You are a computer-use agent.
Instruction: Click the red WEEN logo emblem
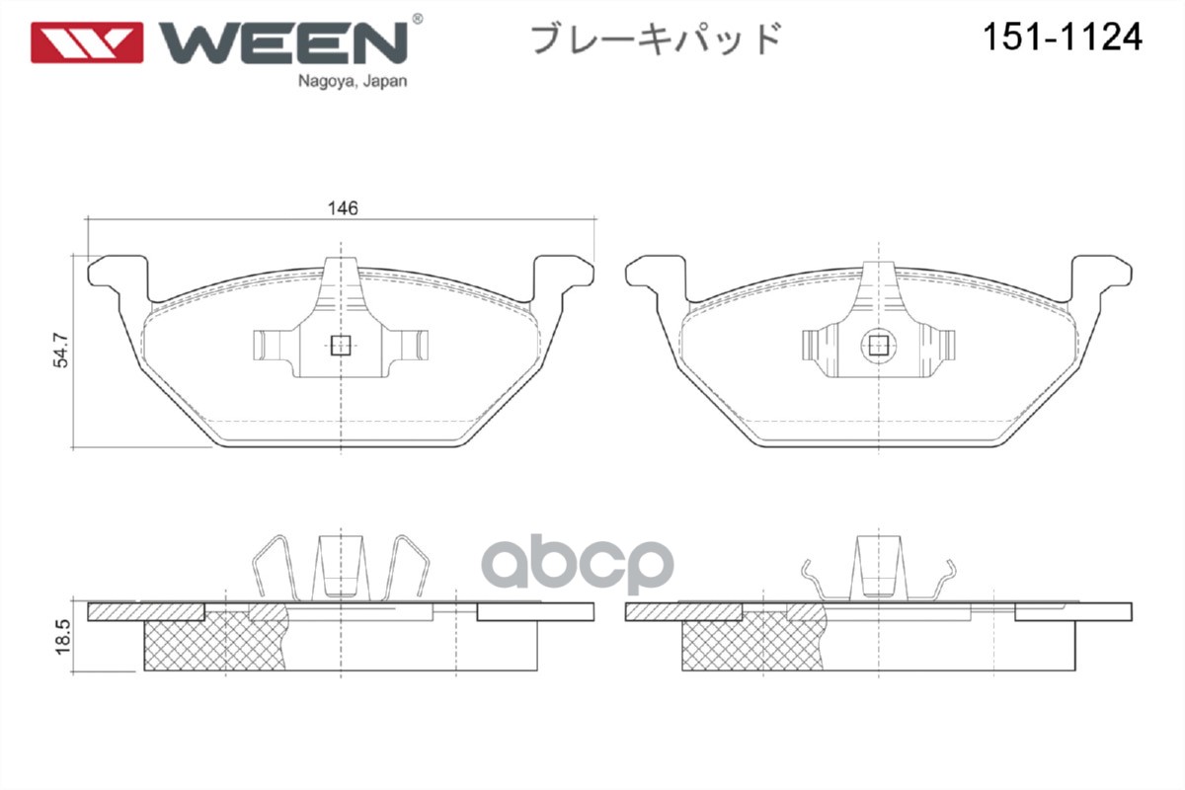(x=87, y=42)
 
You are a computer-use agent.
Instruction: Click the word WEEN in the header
(x=282, y=41)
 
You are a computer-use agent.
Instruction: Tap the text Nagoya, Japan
(x=352, y=82)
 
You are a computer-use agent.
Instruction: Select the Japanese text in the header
(x=656, y=39)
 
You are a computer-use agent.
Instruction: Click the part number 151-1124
(x=1061, y=38)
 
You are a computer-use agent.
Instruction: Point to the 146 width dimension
(x=342, y=208)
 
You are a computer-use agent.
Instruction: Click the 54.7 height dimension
(x=61, y=350)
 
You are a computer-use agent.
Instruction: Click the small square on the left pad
(x=341, y=345)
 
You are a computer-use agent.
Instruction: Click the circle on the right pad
(x=878, y=345)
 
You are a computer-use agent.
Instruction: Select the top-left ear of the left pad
(x=117, y=271)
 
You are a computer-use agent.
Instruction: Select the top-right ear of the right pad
(x=1103, y=271)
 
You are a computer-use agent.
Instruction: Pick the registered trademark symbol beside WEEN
(x=417, y=19)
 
